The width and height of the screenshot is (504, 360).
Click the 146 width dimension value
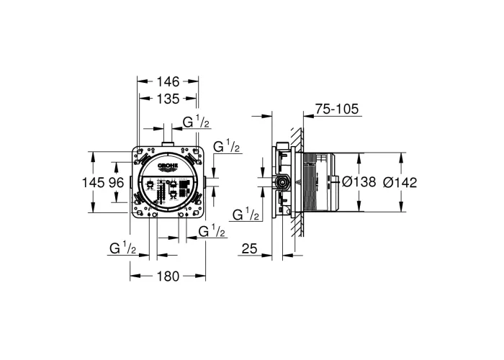(x=168, y=81)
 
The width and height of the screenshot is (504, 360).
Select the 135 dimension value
(x=168, y=99)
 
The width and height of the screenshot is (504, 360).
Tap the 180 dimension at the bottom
(x=168, y=276)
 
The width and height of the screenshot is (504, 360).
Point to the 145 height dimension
(x=93, y=183)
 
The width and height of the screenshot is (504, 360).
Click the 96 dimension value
(x=117, y=183)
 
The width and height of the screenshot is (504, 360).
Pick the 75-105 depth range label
(x=336, y=109)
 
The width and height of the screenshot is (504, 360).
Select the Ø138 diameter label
(x=359, y=182)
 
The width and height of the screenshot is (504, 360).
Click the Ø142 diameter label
(x=400, y=183)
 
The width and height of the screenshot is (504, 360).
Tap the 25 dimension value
(x=249, y=248)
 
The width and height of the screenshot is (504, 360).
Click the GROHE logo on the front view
(x=168, y=166)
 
